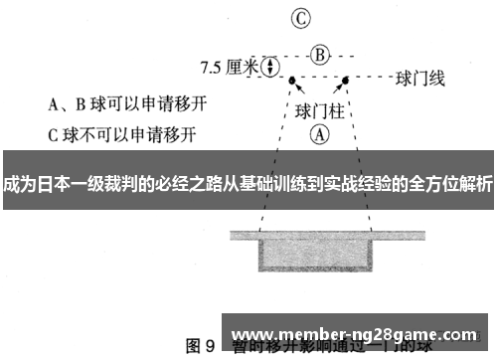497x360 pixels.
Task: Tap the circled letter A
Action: click(319, 130)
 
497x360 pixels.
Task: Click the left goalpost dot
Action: click(292, 80)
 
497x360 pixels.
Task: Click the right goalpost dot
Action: click(346, 80)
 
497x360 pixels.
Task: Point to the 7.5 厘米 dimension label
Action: click(229, 68)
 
